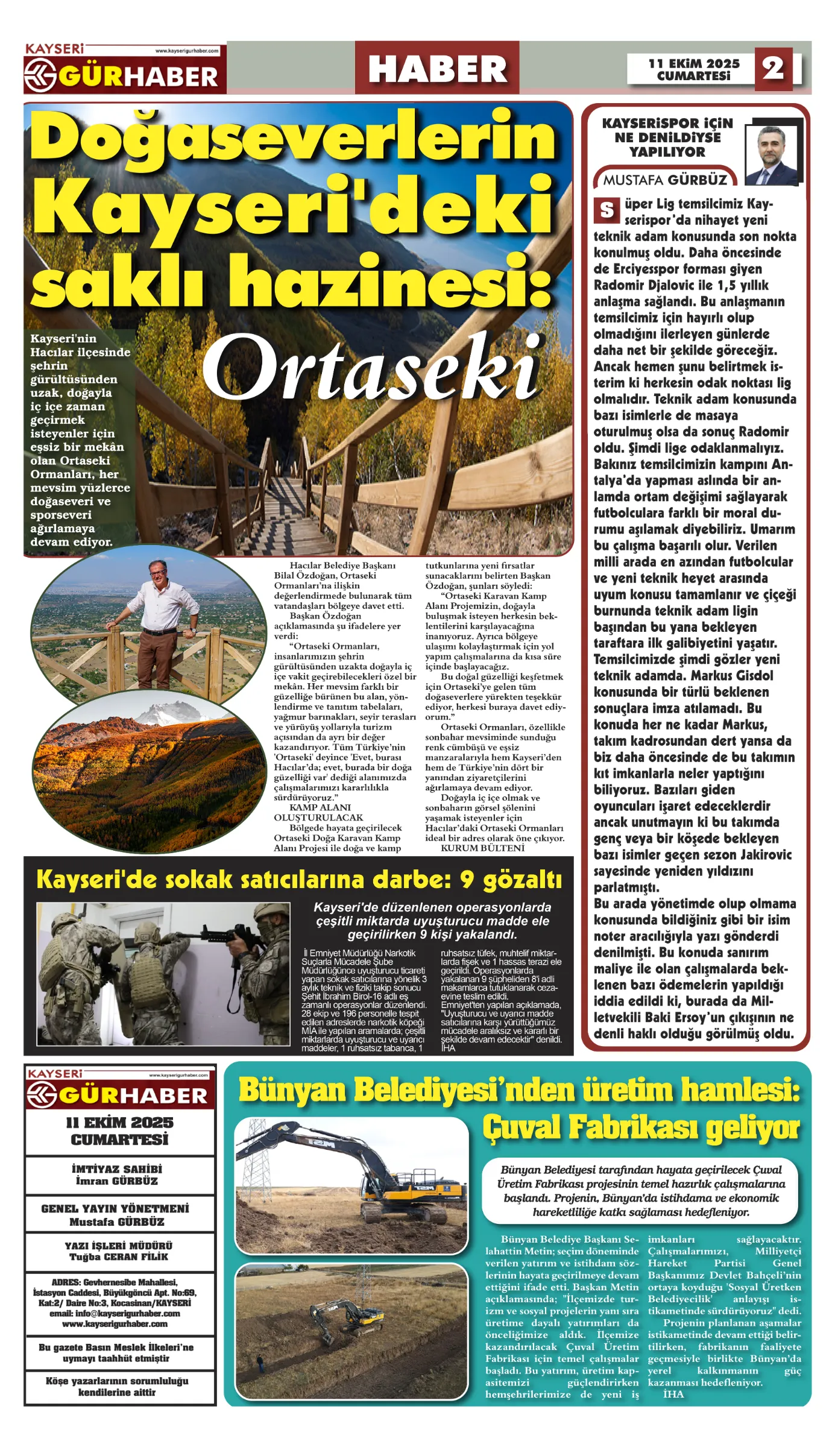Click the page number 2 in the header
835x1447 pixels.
pos(773,69)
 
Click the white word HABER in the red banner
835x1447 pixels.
pos(437,69)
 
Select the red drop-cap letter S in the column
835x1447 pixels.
pos(607,210)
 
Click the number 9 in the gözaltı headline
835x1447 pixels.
pos(467,880)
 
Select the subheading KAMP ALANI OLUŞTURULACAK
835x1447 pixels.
pos(318,812)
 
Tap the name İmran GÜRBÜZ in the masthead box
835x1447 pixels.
pos(117,1181)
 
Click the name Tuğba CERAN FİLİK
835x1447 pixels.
pos(119,1256)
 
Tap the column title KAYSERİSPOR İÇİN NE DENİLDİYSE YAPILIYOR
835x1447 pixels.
pos(667,137)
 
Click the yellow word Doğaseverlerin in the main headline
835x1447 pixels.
pos(293,139)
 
